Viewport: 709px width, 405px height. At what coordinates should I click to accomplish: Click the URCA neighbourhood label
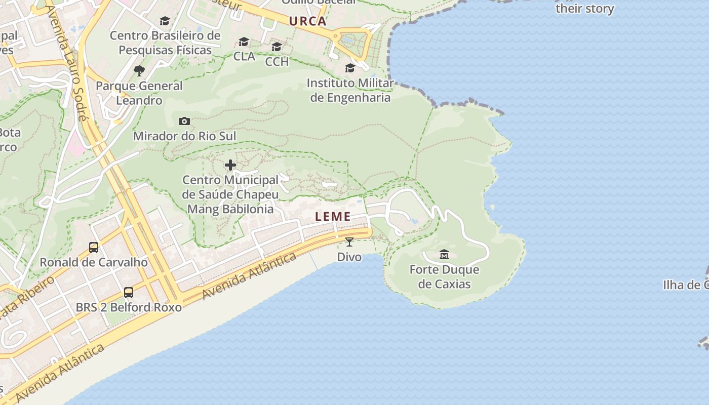307,21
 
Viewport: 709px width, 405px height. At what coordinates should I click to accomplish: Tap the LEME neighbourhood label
333,217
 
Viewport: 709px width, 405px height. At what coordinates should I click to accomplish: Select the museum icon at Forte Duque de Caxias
444,254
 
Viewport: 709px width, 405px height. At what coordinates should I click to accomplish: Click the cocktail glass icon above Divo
349,242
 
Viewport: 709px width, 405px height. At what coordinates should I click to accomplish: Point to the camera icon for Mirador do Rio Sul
184,121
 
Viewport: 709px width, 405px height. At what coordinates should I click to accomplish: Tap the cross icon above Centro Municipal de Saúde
230,165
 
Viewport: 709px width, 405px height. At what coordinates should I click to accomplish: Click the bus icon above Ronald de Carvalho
94,248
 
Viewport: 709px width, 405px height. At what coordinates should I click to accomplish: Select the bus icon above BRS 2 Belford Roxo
129,293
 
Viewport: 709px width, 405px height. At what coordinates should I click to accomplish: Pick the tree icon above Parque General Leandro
139,70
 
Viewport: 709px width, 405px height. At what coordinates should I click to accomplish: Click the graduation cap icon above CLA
244,42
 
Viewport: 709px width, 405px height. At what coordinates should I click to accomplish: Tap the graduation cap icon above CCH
277,47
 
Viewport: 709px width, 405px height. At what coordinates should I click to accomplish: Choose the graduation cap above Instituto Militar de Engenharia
350,68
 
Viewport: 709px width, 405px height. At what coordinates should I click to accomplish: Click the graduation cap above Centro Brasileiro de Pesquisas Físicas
165,21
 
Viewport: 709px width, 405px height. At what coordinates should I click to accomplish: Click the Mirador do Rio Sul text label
184,136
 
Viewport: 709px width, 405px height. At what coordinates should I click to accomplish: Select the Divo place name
349,257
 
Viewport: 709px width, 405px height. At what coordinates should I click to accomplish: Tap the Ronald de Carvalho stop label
94,262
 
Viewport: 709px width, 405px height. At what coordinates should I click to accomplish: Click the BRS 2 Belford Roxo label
129,307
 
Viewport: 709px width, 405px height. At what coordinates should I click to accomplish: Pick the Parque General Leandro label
139,93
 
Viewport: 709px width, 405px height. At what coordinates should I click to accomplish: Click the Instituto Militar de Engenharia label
350,90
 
